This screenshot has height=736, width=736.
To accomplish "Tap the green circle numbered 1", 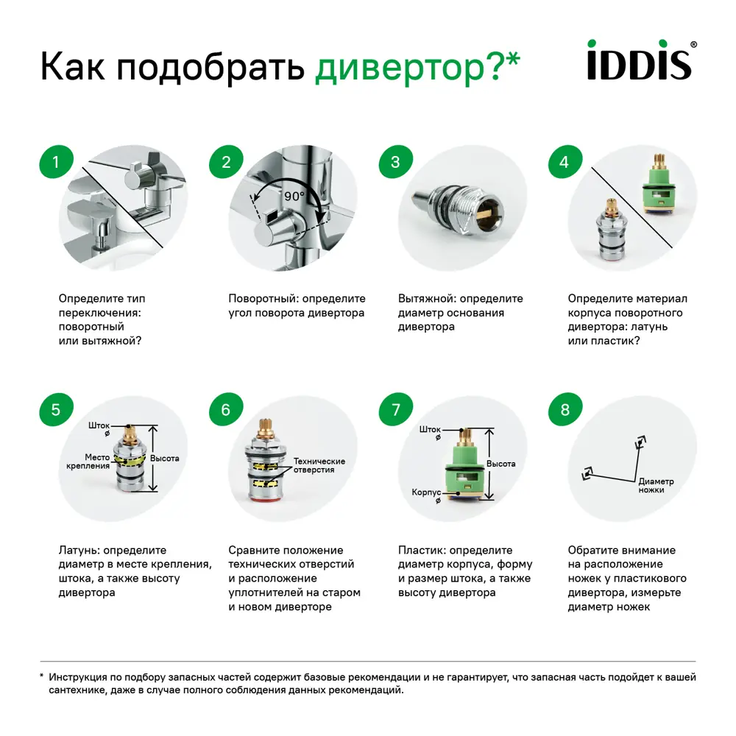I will (x=56, y=162).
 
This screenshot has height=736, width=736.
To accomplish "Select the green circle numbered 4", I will (x=565, y=162).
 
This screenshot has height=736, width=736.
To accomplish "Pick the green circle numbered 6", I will (x=226, y=410).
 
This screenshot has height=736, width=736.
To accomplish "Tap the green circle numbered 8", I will (x=565, y=410).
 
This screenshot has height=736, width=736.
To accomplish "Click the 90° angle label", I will (x=294, y=197).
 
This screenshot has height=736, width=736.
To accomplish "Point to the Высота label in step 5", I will (x=164, y=458).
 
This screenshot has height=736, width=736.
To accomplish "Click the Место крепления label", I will (x=88, y=461).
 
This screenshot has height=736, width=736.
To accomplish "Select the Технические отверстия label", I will (x=319, y=465).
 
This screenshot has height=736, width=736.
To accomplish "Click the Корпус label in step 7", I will (x=426, y=492).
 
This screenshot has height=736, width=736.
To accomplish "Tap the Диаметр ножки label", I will (x=656, y=486).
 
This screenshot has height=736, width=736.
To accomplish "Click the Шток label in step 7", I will (x=429, y=429).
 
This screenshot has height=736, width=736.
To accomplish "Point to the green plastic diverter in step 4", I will (x=659, y=188).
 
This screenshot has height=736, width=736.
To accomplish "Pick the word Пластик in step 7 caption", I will (x=421, y=551).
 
